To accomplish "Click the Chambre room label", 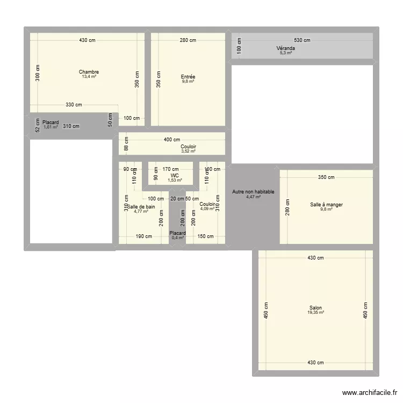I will click(x=89, y=72).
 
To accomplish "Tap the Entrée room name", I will click(x=188, y=77).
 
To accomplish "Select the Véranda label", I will click(x=286, y=48).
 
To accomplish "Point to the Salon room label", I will click(x=316, y=308).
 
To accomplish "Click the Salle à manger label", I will click(x=326, y=204).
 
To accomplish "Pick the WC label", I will click(x=175, y=176).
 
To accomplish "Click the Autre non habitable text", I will click(x=253, y=192).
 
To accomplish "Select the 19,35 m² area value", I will click(x=316, y=313).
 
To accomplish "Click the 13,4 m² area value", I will click(x=89, y=77).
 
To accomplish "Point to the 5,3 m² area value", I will click(x=286, y=53).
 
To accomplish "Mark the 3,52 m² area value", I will click(x=188, y=151).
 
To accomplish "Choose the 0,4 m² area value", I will click(x=177, y=238).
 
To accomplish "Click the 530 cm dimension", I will click(x=302, y=40).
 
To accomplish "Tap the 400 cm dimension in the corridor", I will click(x=172, y=140).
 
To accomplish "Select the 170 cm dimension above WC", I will click(x=171, y=169).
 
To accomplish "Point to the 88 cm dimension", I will click(x=126, y=144).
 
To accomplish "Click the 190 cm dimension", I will click(x=143, y=236).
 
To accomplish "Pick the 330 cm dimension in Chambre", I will click(x=74, y=105).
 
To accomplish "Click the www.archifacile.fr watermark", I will click(x=368, y=393).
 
